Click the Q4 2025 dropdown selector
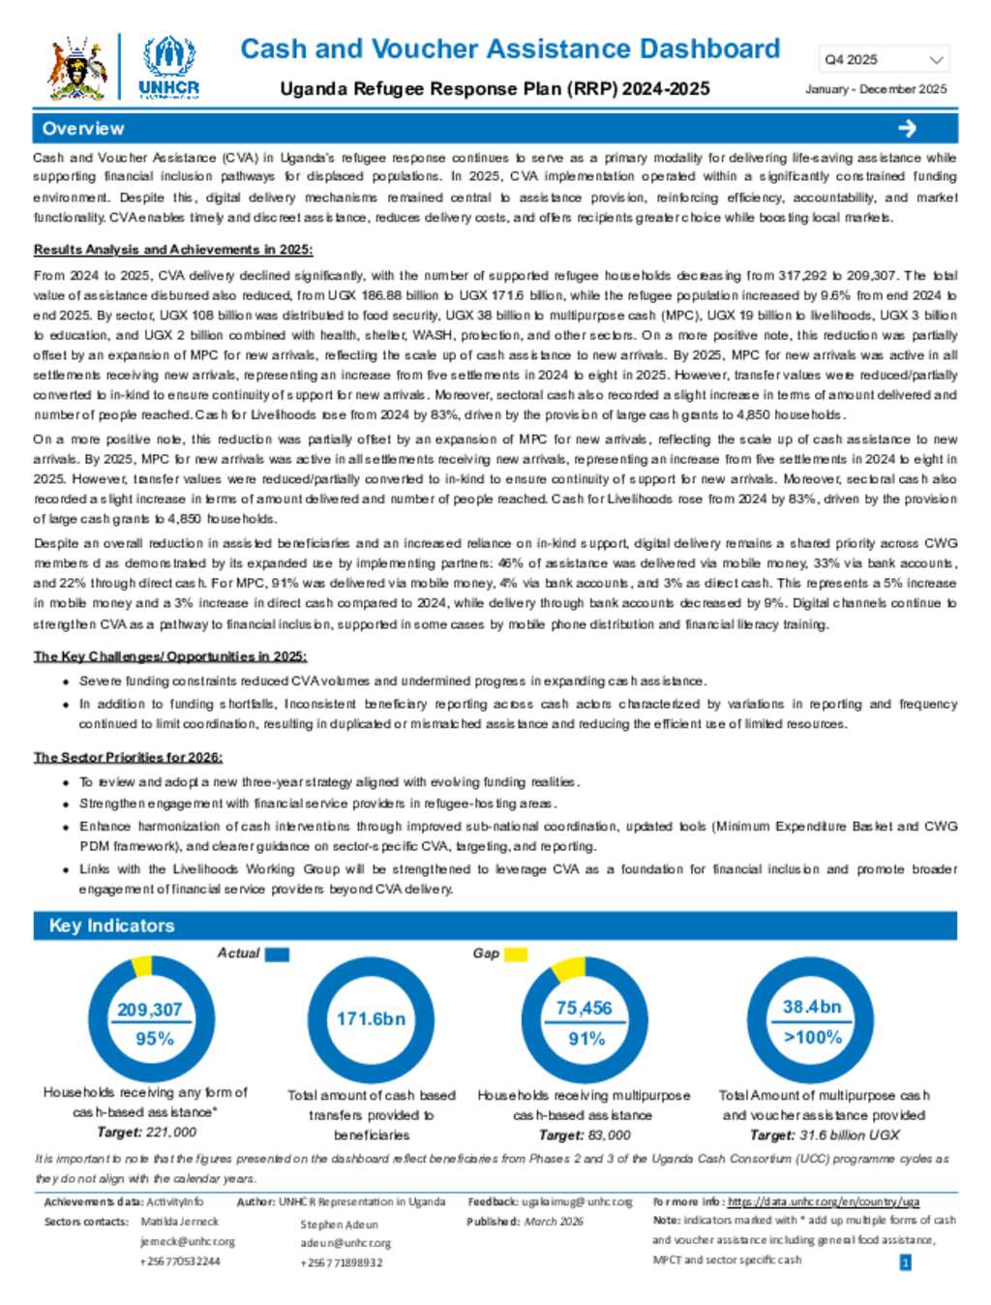(884, 60)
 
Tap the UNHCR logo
(168, 66)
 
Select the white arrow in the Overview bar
(907, 129)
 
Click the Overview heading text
(83, 129)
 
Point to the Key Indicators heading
(111, 926)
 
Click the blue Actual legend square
(277, 955)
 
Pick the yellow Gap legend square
(516, 955)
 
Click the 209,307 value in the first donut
(149, 1010)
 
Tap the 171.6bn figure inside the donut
(371, 1018)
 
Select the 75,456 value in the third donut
(584, 1008)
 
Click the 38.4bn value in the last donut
(812, 1007)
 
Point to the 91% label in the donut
(586, 1039)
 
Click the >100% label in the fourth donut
(813, 1038)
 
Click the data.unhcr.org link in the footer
(824, 1201)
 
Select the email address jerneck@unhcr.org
(188, 1241)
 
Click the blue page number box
(905, 1262)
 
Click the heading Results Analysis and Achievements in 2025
(173, 250)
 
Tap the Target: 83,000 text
(584, 1135)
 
